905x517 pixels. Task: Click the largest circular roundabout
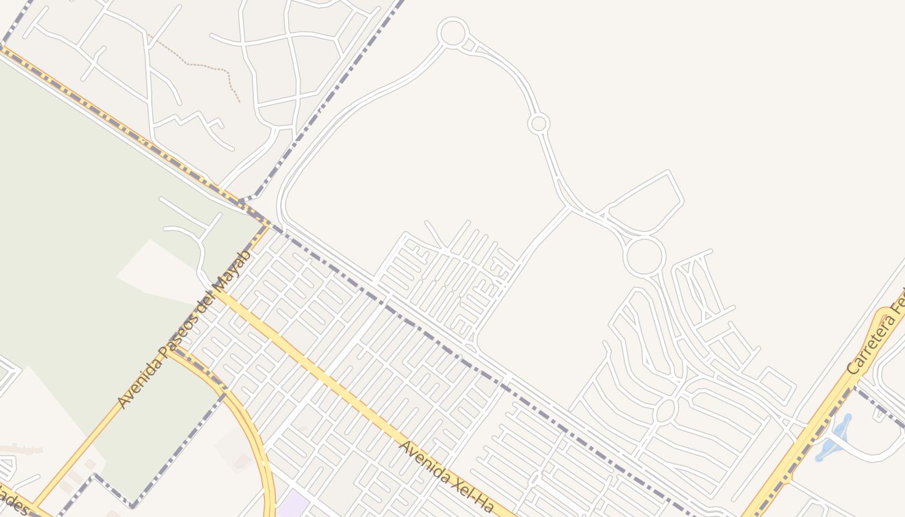644,255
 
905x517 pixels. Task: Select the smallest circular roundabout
538,123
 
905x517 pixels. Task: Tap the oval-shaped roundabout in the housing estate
665,409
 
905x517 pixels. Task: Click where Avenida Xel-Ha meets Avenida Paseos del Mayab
218,294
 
